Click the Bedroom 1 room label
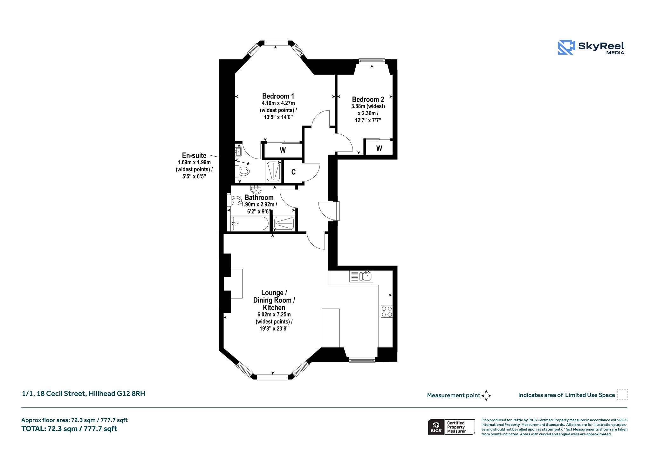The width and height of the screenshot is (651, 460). pos(278,96)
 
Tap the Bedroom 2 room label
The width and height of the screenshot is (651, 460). pos(368,99)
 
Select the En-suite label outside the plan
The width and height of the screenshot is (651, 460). pos(194,155)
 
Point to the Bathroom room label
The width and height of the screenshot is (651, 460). pos(259,197)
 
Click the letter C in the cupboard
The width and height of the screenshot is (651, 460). pos(293,172)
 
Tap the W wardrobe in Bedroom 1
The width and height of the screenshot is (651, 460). pos(283,150)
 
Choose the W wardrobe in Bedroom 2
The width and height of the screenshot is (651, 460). pos(379,148)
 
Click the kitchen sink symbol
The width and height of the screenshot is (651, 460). pos(361,276)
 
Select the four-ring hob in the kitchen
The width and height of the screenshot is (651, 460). pos(387,311)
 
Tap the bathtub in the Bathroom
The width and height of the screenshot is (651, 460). pos(250,223)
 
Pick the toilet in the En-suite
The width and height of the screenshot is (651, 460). pos(242,172)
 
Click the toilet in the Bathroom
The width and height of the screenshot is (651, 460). pos(235,200)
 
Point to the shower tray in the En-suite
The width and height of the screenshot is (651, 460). pos(273,171)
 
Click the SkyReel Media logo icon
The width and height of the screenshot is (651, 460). pos(566,47)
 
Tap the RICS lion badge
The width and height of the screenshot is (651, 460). pos(436,427)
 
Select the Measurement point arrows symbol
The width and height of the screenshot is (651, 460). pos(486,396)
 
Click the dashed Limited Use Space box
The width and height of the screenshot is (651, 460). pos(622,395)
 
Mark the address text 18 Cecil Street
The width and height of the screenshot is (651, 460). pos(61,394)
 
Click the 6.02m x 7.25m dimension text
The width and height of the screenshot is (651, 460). pos(274,315)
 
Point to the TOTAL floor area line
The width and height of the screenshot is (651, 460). pos(69,429)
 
